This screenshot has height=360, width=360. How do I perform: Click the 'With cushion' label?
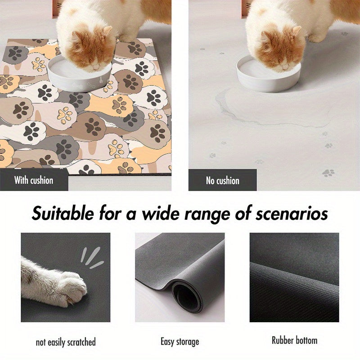coord(34,180)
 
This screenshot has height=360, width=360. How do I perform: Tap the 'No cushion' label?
coord(222,181)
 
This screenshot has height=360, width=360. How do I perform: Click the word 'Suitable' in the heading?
coord(63,213)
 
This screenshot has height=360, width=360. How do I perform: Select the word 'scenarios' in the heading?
coord(292,213)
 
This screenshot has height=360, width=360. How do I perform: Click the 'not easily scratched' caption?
coord(66,342)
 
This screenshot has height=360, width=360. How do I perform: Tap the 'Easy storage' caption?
coord(180,342)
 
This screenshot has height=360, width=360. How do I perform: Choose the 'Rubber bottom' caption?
coord(295,340)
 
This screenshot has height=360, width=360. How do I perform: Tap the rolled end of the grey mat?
coord(188,296)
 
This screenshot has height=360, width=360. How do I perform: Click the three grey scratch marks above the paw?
coord(92,257)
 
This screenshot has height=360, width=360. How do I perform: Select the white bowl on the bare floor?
coord(268,74)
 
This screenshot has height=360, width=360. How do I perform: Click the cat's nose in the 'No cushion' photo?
coord(285,67)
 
